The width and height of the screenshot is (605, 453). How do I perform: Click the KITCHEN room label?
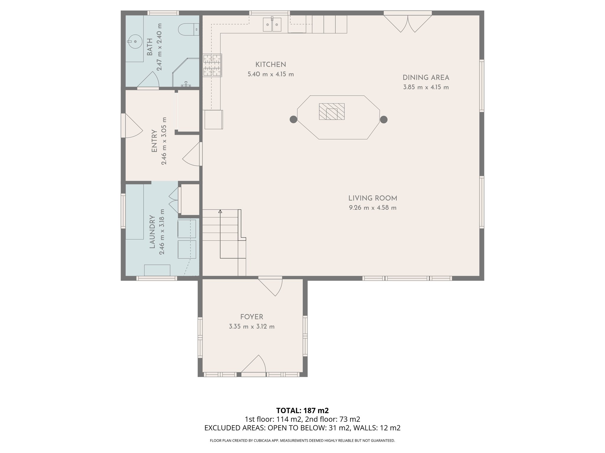pyautogui.click(x=270, y=65)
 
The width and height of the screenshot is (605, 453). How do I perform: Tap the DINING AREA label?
pyautogui.click(x=426, y=78)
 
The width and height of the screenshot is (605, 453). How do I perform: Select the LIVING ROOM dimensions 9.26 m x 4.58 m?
pyautogui.click(x=373, y=208)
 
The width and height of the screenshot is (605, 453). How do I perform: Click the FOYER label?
pyautogui.click(x=251, y=317)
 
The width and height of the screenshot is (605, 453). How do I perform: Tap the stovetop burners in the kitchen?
pyautogui.click(x=212, y=65)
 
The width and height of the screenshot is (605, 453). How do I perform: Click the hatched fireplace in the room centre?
pyautogui.click(x=331, y=111)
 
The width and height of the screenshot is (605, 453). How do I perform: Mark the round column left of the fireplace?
pyautogui.click(x=293, y=119)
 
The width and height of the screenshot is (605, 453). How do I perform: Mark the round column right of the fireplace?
pyautogui.click(x=383, y=119)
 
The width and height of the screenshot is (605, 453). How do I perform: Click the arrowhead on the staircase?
pyautogui.click(x=220, y=211)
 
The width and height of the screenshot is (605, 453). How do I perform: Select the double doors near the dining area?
pyautogui.click(x=408, y=24)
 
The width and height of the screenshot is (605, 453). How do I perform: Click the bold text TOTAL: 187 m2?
pyautogui.click(x=302, y=411)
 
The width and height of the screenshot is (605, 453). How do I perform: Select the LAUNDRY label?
pyautogui.click(x=152, y=232)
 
